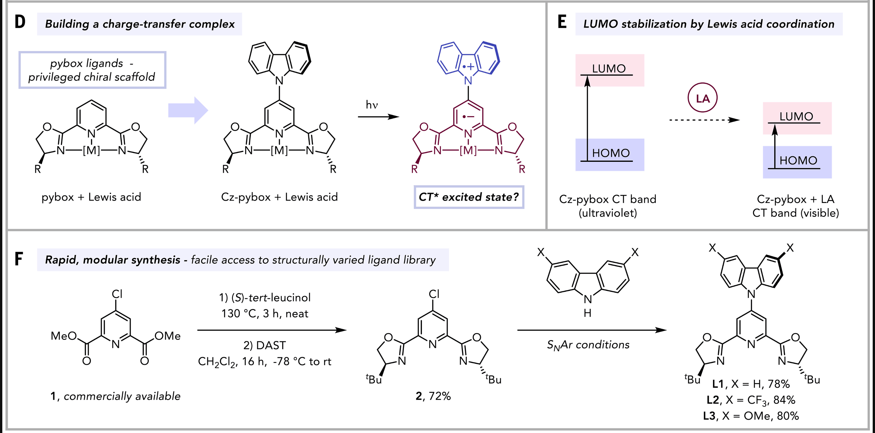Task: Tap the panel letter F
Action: tap(19, 259)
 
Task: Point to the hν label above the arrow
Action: tap(372, 105)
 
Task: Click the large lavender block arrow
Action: tap(188, 110)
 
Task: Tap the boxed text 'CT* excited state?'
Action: tap(469, 197)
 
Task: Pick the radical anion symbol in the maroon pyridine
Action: tap(468, 117)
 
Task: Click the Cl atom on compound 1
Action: tap(117, 294)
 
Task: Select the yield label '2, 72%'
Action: tap(433, 396)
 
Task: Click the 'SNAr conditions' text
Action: tap(588, 345)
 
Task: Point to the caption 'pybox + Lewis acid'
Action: tap(91, 197)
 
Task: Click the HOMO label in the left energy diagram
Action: tap(611, 153)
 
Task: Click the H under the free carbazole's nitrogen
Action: tap(588, 313)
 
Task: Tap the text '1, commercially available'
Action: tap(115, 396)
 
